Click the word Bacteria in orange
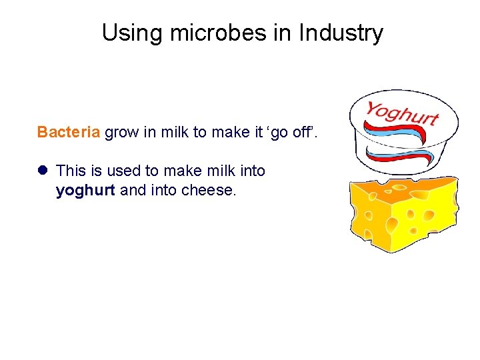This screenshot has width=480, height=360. pos(69,132)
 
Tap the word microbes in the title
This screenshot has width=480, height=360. pos(199,33)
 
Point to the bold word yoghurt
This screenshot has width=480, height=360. pos(86,191)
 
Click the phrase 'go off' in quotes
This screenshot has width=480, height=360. pos(295,132)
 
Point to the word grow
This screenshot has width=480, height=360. pos(121,132)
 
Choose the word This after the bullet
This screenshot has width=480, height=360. pos(71,171)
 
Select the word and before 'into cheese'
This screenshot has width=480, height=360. pos(133,191)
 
